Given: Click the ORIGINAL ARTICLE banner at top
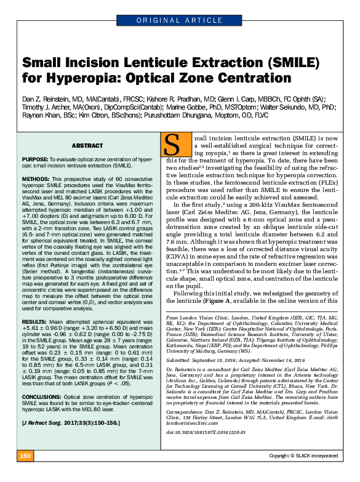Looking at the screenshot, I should click(x=180, y=20).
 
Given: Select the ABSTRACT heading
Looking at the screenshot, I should click(x=87, y=146).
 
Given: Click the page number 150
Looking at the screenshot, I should click(x=25, y=473).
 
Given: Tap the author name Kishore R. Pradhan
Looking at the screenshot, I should click(x=174, y=98).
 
